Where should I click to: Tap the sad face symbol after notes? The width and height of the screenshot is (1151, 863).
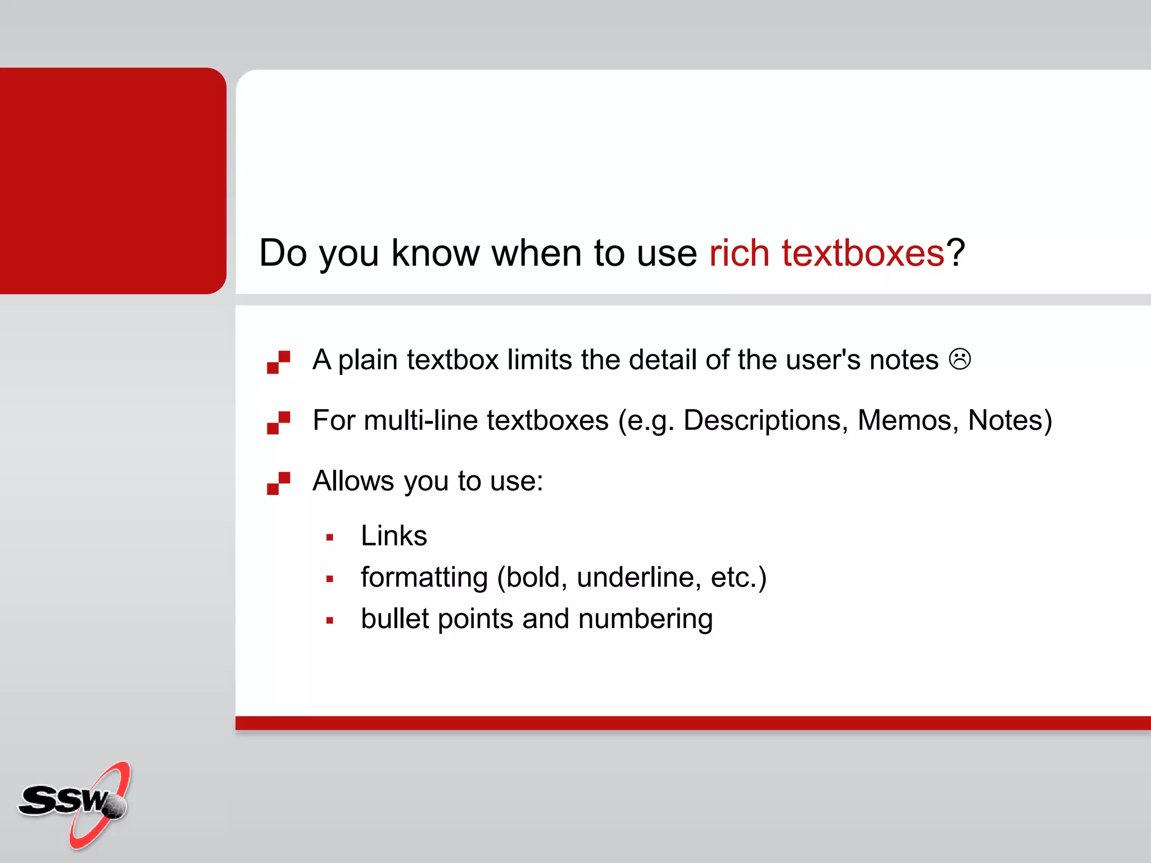click(x=960, y=360)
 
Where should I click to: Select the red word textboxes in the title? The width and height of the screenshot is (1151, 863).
click(x=863, y=253)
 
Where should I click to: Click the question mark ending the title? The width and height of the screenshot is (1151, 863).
click(x=955, y=253)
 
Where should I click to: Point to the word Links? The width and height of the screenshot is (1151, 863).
click(x=394, y=535)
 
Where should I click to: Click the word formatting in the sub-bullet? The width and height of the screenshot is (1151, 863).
click(x=424, y=578)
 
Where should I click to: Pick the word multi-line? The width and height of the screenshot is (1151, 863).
click(x=423, y=420)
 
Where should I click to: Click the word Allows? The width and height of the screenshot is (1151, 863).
click(x=354, y=481)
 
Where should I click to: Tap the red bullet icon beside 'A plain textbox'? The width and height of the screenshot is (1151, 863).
click(x=278, y=362)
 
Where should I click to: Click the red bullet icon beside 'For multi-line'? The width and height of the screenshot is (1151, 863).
click(x=278, y=423)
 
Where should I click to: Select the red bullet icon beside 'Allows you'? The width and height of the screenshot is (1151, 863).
click(x=278, y=483)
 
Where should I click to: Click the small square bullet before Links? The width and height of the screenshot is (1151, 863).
click(x=330, y=538)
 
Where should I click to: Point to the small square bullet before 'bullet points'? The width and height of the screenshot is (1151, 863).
click(x=330, y=621)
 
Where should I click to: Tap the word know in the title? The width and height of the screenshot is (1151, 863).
click(x=435, y=253)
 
